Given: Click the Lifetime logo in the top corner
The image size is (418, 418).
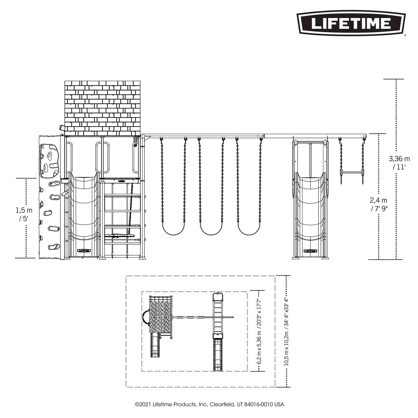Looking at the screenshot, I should [351, 24].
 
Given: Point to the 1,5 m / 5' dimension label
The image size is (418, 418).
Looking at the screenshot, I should [24, 214].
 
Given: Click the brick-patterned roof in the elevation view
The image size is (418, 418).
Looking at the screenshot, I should [103, 108].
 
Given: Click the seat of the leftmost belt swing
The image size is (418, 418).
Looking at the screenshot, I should [173, 233].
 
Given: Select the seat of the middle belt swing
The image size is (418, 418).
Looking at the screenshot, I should [211, 233].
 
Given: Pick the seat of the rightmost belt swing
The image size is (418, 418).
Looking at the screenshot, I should [249, 233].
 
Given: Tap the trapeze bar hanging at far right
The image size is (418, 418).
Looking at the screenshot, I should [352, 172].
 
